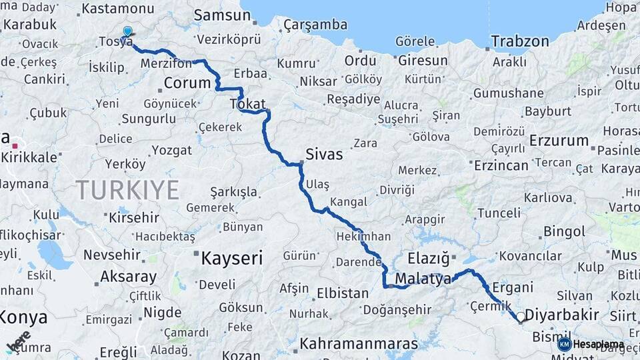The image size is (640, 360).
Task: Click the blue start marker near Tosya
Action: tap(127, 31)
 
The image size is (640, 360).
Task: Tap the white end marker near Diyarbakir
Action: tap(521, 317)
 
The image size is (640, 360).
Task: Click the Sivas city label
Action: tap(324, 155)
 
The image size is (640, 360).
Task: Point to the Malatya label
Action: tap(423, 279)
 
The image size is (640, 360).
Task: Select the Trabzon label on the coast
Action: tap(520, 41)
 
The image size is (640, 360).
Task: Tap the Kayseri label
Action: tap(232, 258)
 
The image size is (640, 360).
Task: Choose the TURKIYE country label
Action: tap(127, 190)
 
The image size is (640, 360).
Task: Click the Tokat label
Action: tap(247, 104)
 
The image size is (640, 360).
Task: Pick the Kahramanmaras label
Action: tap(359, 344)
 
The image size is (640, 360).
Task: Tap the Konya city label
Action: tap(23, 317)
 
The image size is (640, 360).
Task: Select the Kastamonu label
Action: tap(117, 9)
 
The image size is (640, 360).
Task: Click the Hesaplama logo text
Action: tap(599, 345)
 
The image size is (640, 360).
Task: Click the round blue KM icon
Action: tap(565, 344)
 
